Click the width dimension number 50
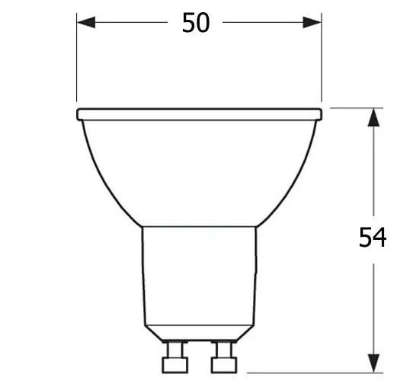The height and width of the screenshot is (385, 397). (x=196, y=23)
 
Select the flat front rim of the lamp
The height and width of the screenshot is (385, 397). (x=199, y=114)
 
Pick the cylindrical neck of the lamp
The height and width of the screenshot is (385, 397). (x=199, y=275)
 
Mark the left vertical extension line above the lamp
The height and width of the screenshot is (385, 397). (x=77, y=61)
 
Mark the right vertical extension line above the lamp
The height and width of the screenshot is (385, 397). (x=322, y=61)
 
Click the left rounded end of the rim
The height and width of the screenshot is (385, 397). (x=80, y=114)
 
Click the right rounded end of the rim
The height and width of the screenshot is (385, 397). (x=319, y=114)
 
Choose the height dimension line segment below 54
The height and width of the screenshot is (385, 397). (x=373, y=306)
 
